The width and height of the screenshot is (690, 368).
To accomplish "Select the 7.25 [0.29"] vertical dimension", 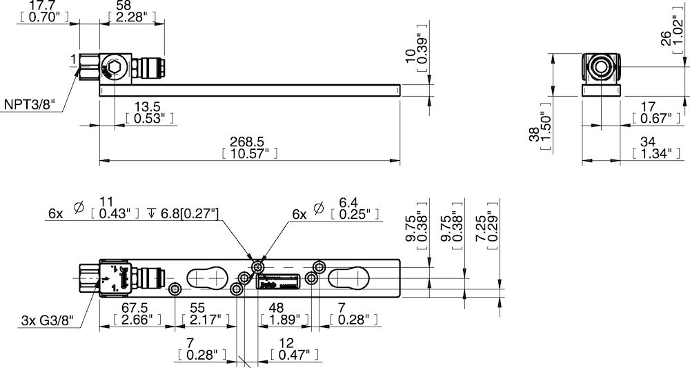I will [x=487, y=221].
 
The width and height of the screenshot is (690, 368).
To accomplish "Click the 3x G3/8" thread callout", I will [x=46, y=320].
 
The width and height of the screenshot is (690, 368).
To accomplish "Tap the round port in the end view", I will [x=602, y=67].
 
